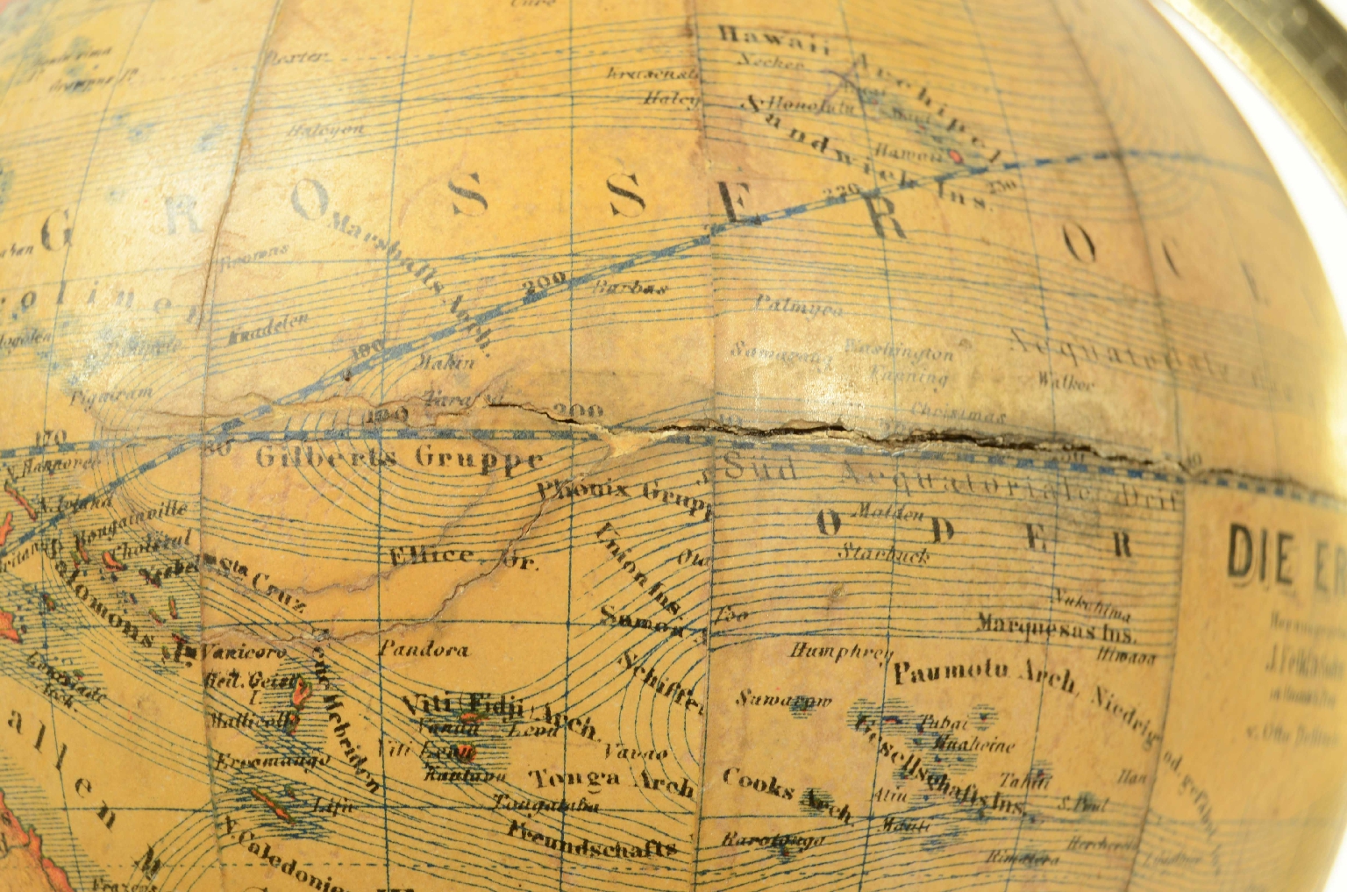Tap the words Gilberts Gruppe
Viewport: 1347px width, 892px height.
pos(399,457)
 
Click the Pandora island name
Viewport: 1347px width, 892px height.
pos(424,650)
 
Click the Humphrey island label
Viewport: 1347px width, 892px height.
pos(840,651)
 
